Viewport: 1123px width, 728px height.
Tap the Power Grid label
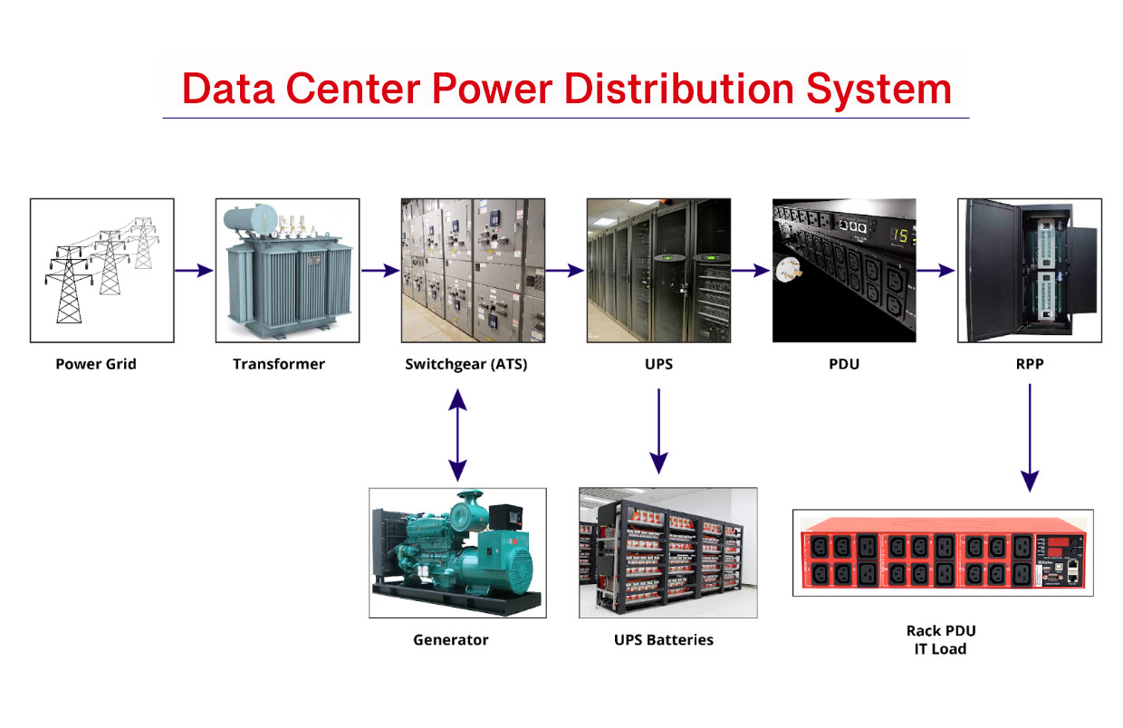pyautogui.click(x=96, y=365)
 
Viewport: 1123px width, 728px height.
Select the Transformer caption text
pyautogui.click(x=278, y=365)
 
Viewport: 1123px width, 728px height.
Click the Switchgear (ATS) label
pyautogui.click(x=466, y=365)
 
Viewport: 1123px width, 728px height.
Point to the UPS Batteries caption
pyautogui.click(x=663, y=640)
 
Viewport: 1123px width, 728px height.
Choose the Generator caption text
pyautogui.click(x=450, y=640)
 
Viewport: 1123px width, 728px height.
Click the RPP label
pyautogui.click(x=1030, y=365)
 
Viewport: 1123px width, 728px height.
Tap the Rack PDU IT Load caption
pyautogui.click(x=941, y=639)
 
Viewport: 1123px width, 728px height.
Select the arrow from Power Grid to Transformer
pyautogui.click(x=194, y=270)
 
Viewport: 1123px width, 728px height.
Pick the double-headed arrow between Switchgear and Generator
pyautogui.click(x=458, y=435)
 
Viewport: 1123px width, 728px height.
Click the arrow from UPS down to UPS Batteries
pyautogui.click(x=659, y=431)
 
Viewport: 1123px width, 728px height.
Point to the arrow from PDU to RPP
pyautogui.click(x=936, y=270)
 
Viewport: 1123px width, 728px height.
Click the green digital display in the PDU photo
pyautogui.click(x=900, y=236)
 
